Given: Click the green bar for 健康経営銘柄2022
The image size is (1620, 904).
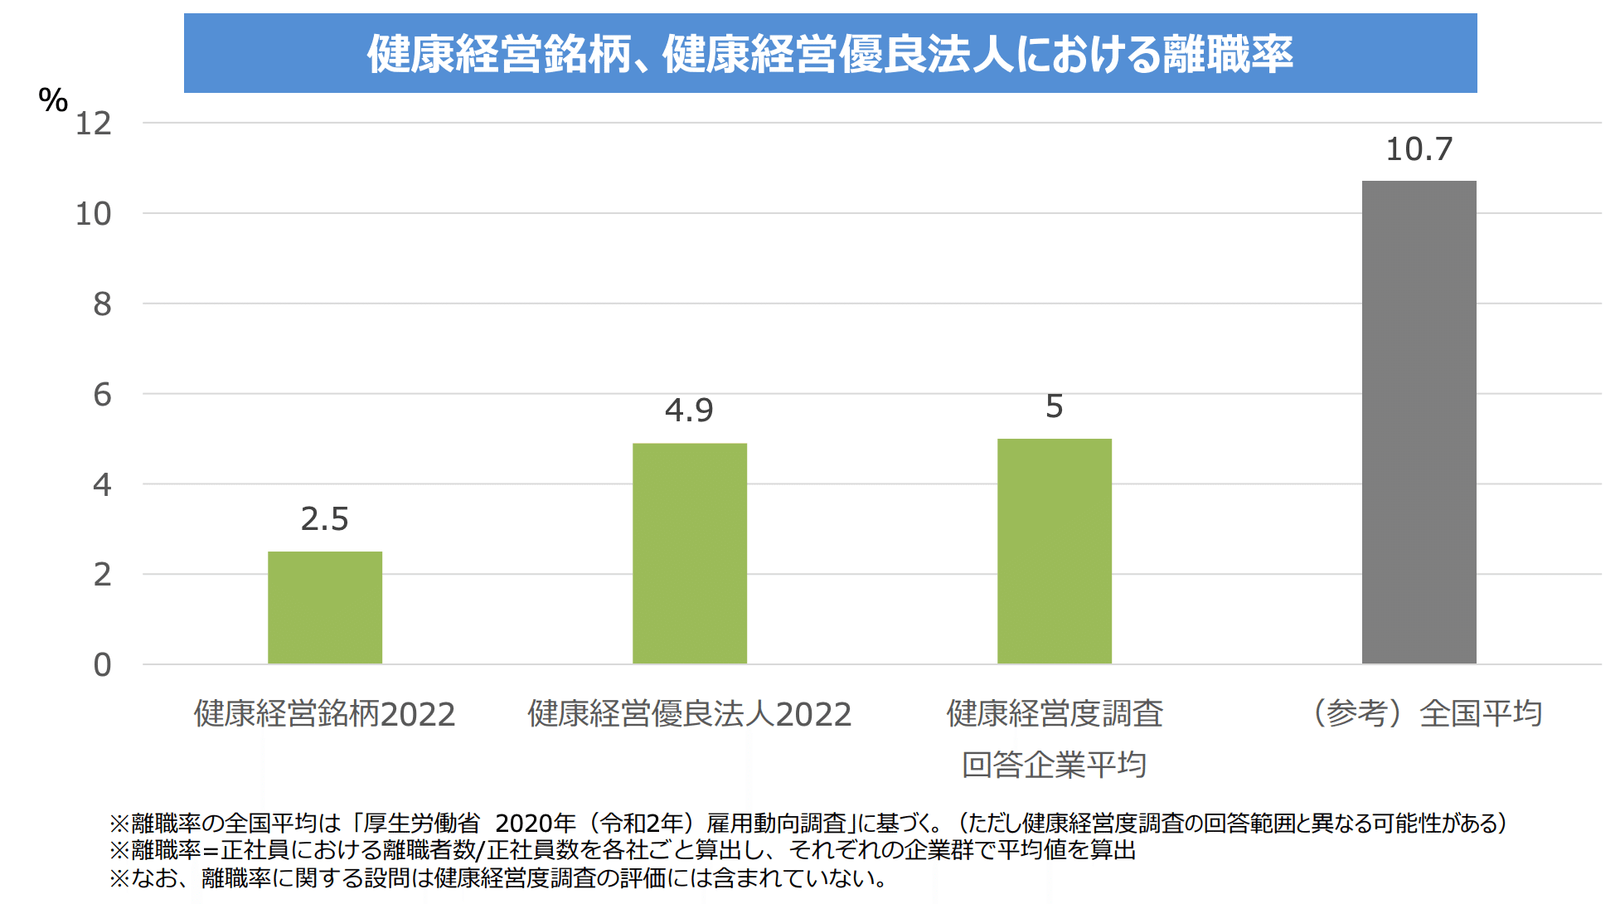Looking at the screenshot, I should (x=325, y=607).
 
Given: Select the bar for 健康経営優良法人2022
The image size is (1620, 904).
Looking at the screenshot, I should (x=690, y=553).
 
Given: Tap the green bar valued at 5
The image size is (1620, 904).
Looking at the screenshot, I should (x=1054, y=551).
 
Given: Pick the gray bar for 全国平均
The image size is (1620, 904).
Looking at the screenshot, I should (x=1419, y=422).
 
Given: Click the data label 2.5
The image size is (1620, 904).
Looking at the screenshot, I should (x=325, y=519).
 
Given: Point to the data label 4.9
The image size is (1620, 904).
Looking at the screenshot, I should (x=689, y=410).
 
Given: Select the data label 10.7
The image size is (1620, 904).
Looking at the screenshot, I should (x=1419, y=149).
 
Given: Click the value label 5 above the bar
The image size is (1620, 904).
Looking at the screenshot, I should (x=1054, y=406).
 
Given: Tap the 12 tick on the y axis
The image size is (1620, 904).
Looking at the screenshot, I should (x=94, y=124).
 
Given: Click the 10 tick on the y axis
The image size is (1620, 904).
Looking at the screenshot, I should (x=94, y=214).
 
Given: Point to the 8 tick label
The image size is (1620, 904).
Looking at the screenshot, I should (x=102, y=304).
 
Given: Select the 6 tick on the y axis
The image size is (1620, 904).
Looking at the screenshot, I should (x=102, y=395).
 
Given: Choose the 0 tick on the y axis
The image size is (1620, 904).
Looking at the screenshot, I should (x=102, y=665).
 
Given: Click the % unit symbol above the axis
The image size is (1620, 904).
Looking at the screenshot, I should (x=53, y=100).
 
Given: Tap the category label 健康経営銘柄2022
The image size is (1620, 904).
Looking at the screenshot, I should (x=325, y=714).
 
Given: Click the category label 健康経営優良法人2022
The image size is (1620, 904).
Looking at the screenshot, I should (x=690, y=714).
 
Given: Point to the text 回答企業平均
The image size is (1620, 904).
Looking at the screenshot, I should (x=1054, y=765).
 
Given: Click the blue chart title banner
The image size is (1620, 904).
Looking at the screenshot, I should (x=830, y=53).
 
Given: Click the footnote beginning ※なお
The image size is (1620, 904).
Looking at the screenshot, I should (x=498, y=877).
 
